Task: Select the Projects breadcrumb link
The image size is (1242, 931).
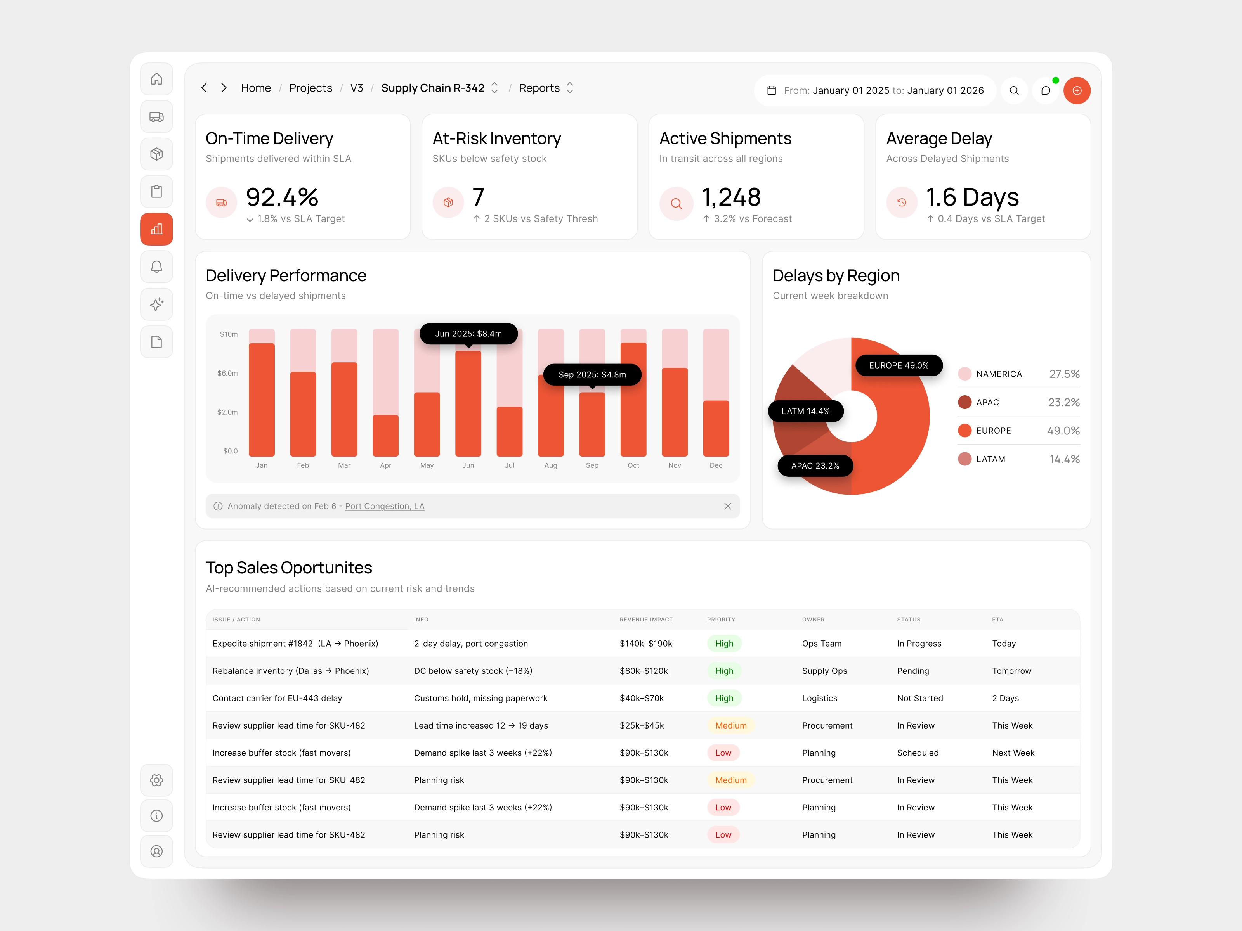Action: (x=310, y=88)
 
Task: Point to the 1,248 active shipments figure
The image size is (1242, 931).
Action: (x=731, y=197)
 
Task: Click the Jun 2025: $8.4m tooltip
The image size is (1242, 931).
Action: (x=468, y=333)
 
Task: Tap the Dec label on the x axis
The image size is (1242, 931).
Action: (x=715, y=465)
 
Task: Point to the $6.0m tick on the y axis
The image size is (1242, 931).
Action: (x=227, y=373)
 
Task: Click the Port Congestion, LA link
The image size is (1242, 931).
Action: (x=385, y=506)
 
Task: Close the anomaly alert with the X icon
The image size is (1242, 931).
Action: (x=727, y=506)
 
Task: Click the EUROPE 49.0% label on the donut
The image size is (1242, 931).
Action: (x=899, y=365)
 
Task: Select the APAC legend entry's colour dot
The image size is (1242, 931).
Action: (x=964, y=402)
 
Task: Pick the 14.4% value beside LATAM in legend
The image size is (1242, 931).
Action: (x=1064, y=459)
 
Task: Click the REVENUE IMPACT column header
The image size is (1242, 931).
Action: (x=646, y=620)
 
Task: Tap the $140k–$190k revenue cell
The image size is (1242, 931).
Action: (x=646, y=644)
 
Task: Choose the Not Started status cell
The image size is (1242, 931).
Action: (x=920, y=698)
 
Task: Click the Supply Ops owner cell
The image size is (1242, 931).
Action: (x=824, y=671)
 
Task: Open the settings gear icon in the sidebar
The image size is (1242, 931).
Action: (x=157, y=780)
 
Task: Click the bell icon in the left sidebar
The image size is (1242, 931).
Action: (x=157, y=266)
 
